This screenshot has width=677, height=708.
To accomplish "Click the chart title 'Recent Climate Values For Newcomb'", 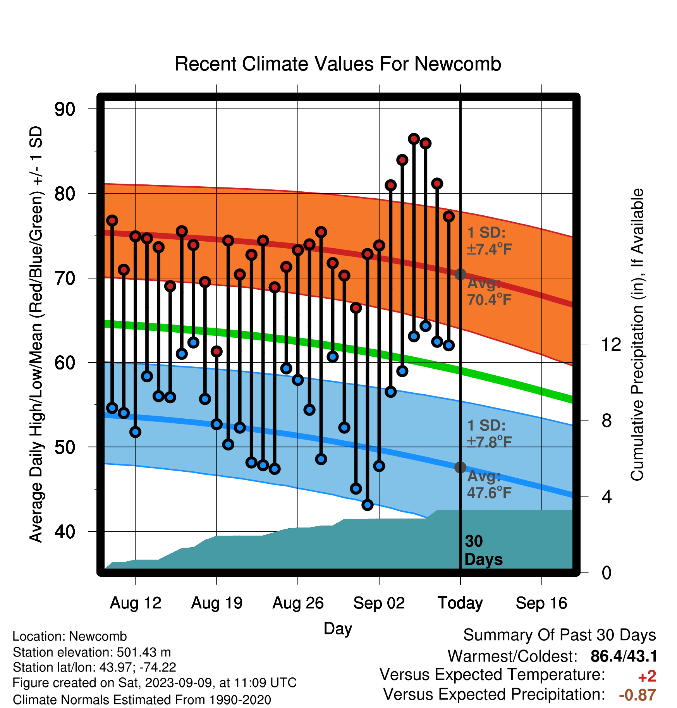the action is [338, 64].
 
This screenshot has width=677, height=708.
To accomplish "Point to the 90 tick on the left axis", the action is [65, 109].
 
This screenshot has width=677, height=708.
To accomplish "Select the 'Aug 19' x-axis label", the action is [217, 603].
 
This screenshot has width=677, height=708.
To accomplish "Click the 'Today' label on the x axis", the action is [460, 603].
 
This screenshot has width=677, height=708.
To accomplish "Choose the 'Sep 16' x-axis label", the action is [541, 603].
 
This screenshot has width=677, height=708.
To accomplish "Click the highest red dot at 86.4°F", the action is [414, 139].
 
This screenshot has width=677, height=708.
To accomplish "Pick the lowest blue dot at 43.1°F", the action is [368, 505].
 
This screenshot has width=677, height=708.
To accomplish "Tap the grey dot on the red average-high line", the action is [460, 274].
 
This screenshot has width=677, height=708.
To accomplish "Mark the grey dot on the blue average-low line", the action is [460, 467].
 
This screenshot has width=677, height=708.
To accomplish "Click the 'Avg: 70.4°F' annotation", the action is [490, 291].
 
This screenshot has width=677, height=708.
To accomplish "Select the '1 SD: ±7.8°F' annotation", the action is [490, 433].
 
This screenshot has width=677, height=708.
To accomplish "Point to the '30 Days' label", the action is [483, 550].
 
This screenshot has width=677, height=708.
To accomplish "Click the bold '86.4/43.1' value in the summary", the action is [624, 656].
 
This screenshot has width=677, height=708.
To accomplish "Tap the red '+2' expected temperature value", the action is [647, 676].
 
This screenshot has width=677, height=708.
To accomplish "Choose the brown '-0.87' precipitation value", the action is [637, 695].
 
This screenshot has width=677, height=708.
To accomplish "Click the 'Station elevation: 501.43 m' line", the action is [92, 652].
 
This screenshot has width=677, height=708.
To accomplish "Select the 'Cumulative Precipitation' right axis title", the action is [637, 335].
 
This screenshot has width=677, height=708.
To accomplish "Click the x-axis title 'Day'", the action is [338, 629].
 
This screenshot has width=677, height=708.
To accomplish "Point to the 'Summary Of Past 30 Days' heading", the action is [560, 635].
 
